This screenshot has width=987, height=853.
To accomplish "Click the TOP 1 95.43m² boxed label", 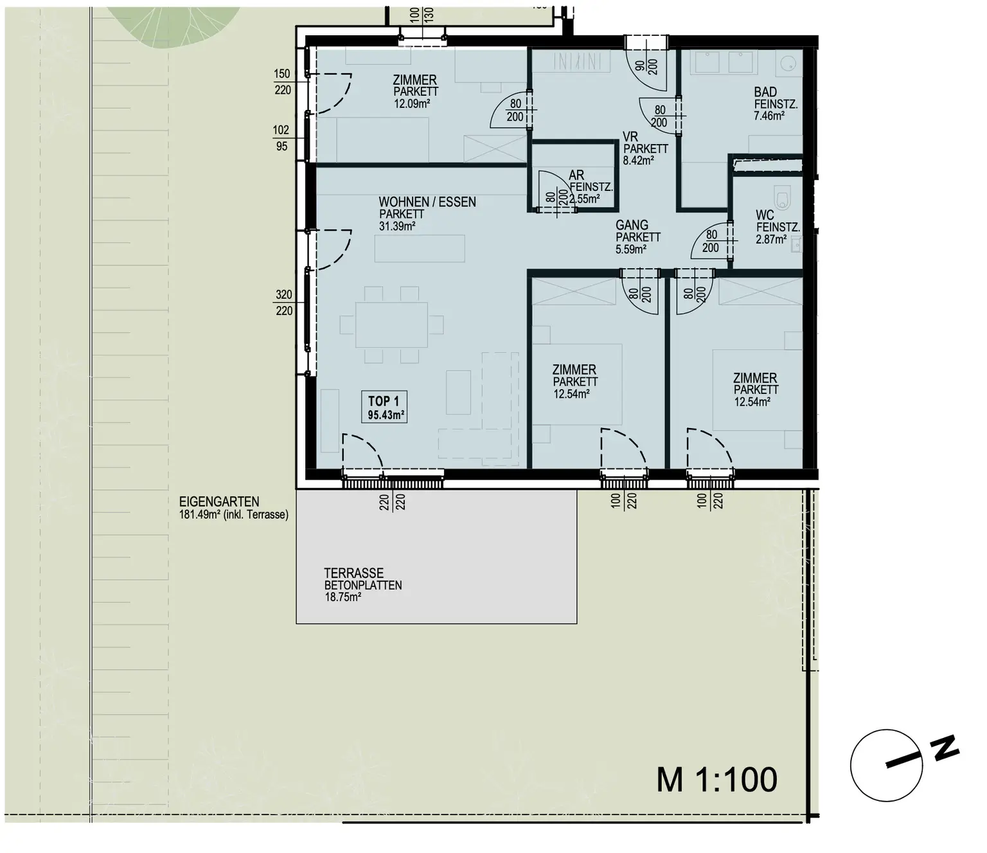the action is pos(384,408).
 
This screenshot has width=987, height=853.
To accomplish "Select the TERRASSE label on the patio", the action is pos(354,573).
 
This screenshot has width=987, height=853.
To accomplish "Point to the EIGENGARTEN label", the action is pos(219,502).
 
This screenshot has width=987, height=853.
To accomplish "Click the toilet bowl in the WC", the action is pos(783,198).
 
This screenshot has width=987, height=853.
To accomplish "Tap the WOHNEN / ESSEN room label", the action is pos(427,202).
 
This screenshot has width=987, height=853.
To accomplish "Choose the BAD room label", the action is pos(765,92).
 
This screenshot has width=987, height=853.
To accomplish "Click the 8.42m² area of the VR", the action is pos(638,161).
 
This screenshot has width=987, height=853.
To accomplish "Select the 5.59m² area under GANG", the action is pos(631,249).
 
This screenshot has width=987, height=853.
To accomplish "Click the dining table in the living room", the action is pos(391,325).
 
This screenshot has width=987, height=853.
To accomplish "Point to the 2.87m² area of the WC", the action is pos(771,239).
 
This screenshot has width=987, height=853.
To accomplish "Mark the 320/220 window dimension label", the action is pos(284,302).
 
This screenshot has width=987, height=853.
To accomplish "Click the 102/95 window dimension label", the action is pos(281,138).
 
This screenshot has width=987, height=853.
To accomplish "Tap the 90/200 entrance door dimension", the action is pos(646,67).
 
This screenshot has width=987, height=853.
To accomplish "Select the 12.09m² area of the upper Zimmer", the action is pos(412,103).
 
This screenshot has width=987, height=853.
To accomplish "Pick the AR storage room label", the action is pos(576,175).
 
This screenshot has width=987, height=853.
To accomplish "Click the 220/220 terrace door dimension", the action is pos(393,503).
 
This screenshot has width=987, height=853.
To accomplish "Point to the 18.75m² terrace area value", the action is pos(343,597).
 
